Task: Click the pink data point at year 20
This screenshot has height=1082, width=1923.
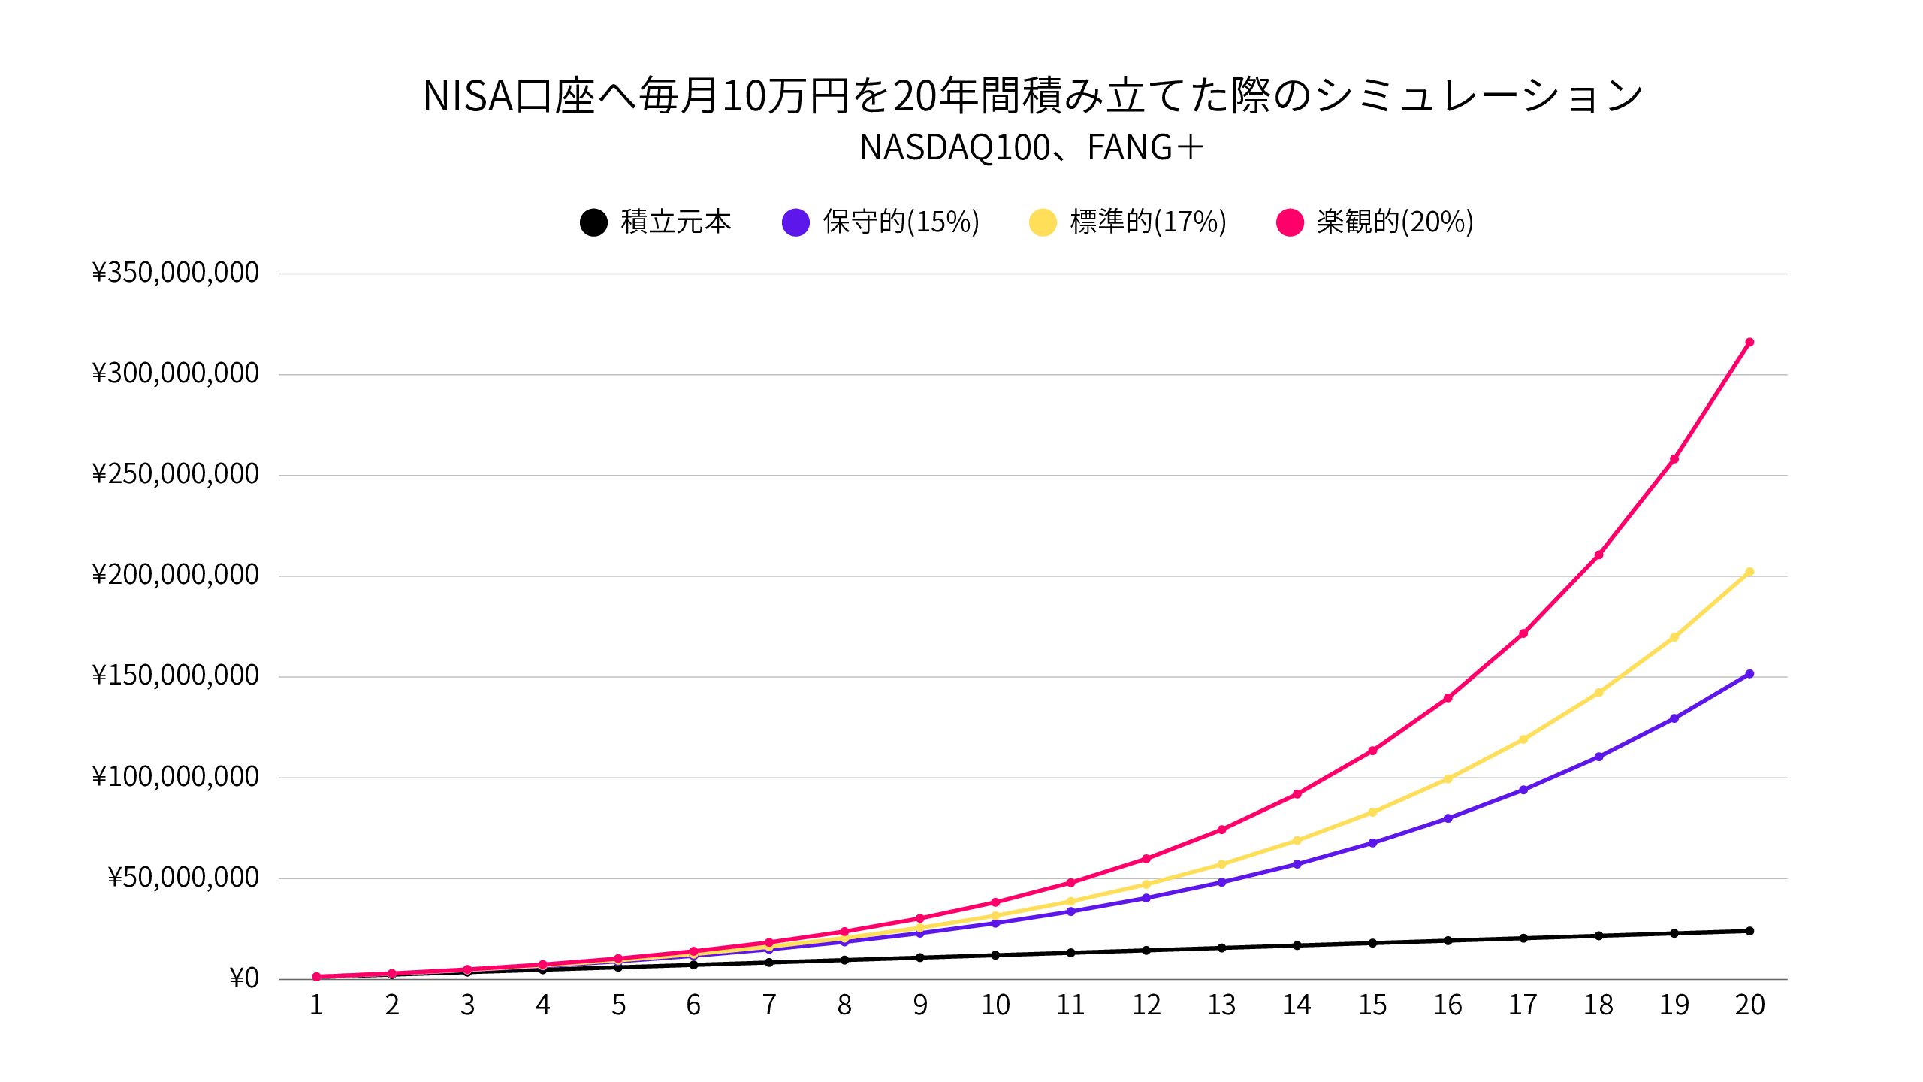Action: [1749, 343]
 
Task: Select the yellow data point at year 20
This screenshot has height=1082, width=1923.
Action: [1749, 573]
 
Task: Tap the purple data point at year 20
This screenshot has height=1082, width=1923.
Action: [1749, 674]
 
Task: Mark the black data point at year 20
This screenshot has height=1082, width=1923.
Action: [1749, 931]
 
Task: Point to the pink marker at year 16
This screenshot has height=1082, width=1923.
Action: [1448, 698]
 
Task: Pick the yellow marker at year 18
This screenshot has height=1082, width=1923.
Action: [1598, 693]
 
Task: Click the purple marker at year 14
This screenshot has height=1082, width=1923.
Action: [1297, 864]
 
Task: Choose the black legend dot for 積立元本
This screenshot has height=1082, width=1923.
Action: [593, 222]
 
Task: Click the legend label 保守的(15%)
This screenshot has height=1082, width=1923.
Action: [901, 222]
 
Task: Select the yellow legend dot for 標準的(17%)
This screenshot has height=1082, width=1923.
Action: [1043, 222]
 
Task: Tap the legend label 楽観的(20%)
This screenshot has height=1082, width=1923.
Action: [1395, 222]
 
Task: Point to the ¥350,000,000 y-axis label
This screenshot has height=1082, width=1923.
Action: [175, 273]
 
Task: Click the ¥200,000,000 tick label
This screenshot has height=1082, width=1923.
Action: [175, 575]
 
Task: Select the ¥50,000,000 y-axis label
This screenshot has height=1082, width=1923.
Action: [183, 878]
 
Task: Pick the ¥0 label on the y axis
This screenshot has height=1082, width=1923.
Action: [244, 978]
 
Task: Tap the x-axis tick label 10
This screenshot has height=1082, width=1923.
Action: [995, 1005]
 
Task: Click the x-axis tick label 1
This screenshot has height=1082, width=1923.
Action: [316, 1005]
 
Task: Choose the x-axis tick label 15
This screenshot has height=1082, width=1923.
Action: [1372, 1005]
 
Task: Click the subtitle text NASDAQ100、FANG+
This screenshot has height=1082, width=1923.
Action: [1031, 147]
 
